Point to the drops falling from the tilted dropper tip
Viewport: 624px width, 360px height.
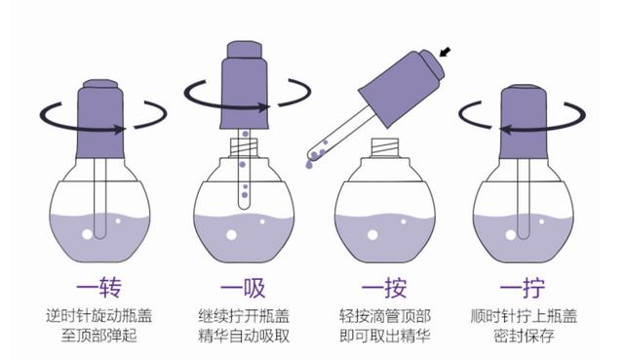point(312,155)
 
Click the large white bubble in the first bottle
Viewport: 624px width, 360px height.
point(88,234)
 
